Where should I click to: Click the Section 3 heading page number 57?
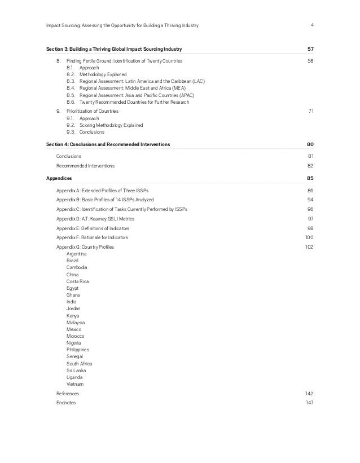309,50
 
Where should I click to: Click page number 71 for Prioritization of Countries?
310,111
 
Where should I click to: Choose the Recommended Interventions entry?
85,166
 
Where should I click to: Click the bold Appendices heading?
59,178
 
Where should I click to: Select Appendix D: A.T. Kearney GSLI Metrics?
100,218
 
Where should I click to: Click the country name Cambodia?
76,267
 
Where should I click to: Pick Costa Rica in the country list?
77,281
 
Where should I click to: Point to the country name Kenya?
73,315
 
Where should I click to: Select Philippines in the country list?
78,350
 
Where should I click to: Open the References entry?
68,393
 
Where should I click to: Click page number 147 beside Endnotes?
309,403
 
